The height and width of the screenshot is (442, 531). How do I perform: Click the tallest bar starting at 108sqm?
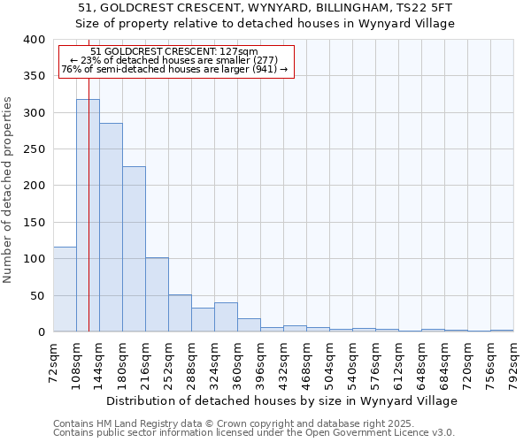tap(88, 216)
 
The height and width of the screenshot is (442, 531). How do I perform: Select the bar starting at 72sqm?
tap(65, 289)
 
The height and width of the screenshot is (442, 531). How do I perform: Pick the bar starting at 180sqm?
tap(134, 249)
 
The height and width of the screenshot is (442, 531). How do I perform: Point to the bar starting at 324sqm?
tap(226, 317)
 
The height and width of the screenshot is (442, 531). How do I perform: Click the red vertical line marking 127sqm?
tap(88, 177)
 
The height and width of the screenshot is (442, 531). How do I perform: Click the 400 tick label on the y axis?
tap(34, 40)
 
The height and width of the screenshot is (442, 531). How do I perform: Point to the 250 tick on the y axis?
tap(34, 149)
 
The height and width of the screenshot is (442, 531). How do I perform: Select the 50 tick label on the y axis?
tap(37, 295)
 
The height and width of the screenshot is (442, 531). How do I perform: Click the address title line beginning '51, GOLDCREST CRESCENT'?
tap(265, 8)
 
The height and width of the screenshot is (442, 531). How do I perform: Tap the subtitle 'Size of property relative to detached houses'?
tap(265, 24)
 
